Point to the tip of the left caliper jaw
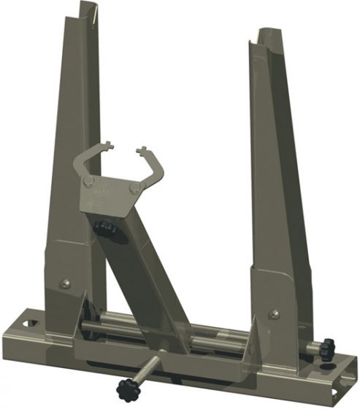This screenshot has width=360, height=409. click(x=107, y=145)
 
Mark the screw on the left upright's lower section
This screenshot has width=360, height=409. click(x=66, y=283)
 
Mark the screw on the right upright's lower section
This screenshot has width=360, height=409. click(x=274, y=314)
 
